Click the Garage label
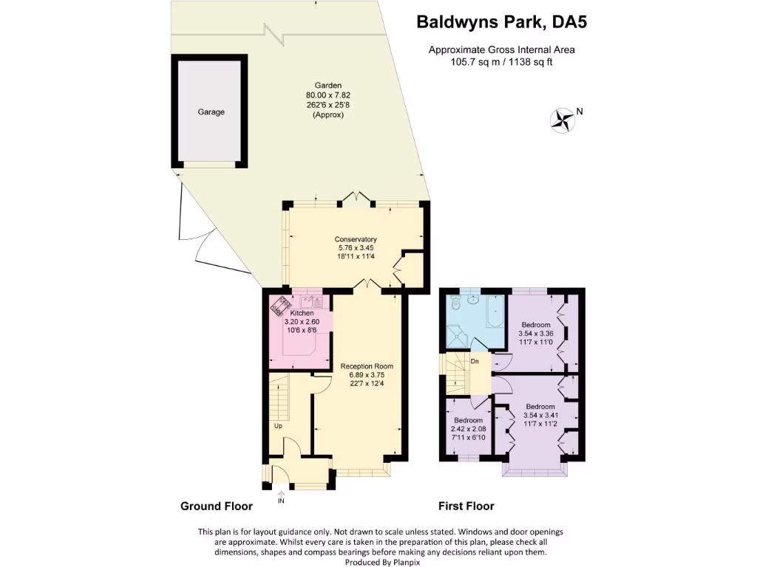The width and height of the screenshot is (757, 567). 211,112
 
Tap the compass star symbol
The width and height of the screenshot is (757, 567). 563,120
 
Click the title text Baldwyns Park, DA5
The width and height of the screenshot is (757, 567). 502,22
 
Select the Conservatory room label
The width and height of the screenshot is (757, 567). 356,239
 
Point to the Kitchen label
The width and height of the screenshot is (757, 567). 302,314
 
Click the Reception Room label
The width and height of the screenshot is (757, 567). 367,366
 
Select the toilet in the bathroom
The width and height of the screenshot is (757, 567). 455,303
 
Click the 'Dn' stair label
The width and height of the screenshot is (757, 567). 475,362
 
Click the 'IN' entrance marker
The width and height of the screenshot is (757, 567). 281,501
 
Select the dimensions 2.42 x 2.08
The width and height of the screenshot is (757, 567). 468,429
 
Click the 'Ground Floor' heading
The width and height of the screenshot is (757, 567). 217,506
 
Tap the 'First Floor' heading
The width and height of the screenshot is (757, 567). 466,506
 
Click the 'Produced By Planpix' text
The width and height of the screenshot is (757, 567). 378,562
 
